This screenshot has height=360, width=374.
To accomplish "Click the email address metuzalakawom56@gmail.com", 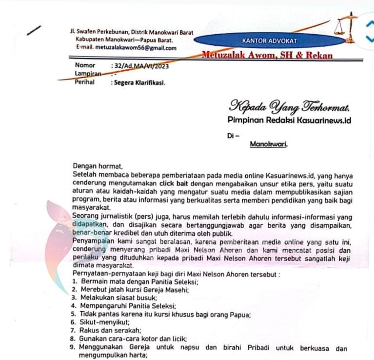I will coord(126,48).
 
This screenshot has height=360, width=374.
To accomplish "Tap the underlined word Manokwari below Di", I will coord(269,144).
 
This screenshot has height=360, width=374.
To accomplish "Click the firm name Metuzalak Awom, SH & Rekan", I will coord(268,55).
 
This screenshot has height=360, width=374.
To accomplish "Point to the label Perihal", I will coord(84,82).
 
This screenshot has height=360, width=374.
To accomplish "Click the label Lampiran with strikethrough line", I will coord(88,74).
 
